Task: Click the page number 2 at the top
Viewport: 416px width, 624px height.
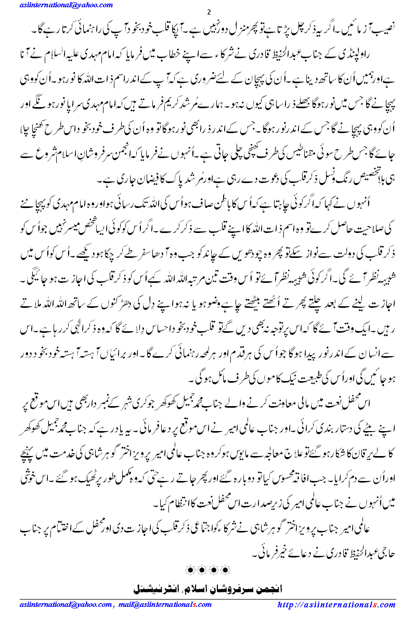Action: point(209,12)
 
